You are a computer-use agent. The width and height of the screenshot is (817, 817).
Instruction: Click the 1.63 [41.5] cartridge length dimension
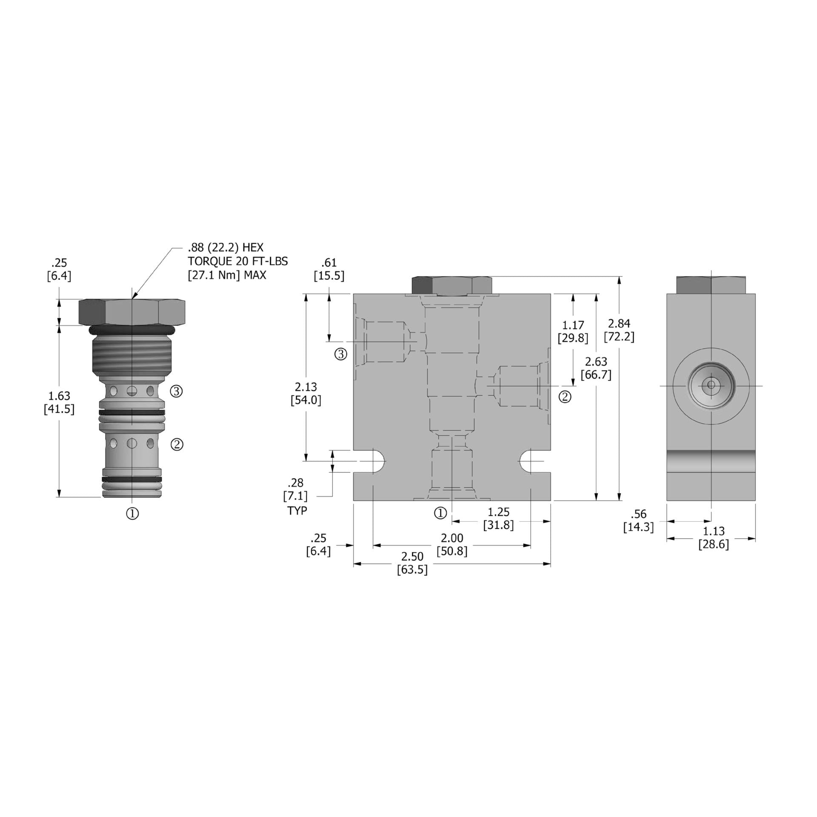pyautogui.click(x=59, y=403)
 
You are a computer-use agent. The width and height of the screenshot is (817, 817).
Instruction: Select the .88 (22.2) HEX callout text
pyautogui.click(x=226, y=248)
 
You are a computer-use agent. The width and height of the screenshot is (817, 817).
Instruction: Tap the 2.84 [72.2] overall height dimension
pyautogui.click(x=619, y=330)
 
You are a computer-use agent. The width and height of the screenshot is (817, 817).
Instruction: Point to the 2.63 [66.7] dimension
pyautogui.click(x=596, y=368)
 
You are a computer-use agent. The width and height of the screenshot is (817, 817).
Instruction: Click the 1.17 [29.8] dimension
pyautogui.click(x=573, y=332)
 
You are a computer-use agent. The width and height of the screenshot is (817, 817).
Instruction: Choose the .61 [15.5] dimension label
pyautogui.click(x=329, y=269)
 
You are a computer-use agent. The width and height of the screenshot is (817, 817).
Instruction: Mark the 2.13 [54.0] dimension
pyautogui.click(x=306, y=394)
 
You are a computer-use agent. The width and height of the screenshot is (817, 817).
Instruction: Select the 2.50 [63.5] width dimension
pyautogui.click(x=412, y=563)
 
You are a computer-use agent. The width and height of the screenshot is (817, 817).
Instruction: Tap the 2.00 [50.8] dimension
pyautogui.click(x=452, y=545)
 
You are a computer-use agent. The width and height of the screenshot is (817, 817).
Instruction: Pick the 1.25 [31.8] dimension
pyautogui.click(x=498, y=518)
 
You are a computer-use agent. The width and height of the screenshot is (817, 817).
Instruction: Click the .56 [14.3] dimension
pyautogui.click(x=638, y=520)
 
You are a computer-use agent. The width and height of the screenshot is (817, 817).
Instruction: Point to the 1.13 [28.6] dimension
pyautogui.click(x=714, y=537)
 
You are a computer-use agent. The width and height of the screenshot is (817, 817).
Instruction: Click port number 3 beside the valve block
pyautogui.click(x=341, y=354)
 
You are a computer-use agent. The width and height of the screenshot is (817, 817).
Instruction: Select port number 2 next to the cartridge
pyautogui.click(x=177, y=445)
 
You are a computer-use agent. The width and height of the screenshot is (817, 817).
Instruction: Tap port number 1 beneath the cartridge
pyautogui.click(x=132, y=514)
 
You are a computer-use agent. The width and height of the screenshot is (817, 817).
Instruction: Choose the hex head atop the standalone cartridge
pyautogui.click(x=132, y=312)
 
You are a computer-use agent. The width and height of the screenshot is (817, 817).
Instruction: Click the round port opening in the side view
pyautogui.click(x=711, y=386)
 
